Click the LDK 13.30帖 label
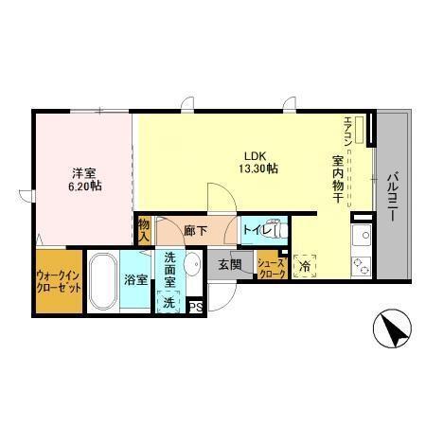[257, 162]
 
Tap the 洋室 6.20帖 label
[85, 179]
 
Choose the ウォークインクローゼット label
[58, 281]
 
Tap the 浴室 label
[133, 280]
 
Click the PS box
[196, 306]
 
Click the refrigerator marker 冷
[305, 267]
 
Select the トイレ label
[258, 230]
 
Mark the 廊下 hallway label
[196, 230]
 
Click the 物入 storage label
[144, 231]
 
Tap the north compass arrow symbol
[394, 330]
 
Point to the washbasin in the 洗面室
[192, 267]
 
